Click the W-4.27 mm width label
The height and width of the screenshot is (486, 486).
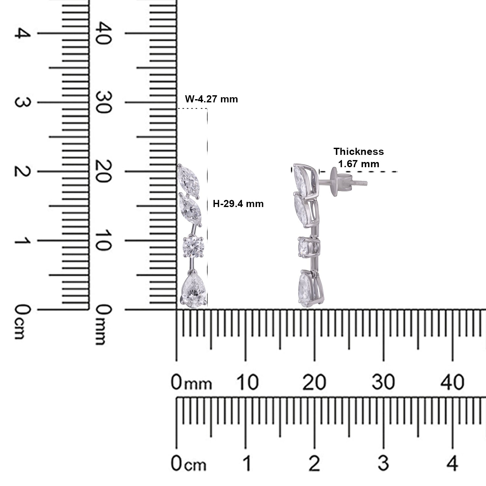(x=211, y=98)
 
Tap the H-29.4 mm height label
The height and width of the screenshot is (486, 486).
(x=238, y=204)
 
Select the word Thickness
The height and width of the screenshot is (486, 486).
(x=359, y=151)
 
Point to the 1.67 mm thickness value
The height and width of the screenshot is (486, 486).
(x=359, y=164)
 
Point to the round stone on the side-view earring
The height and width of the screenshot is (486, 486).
(x=307, y=247)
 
